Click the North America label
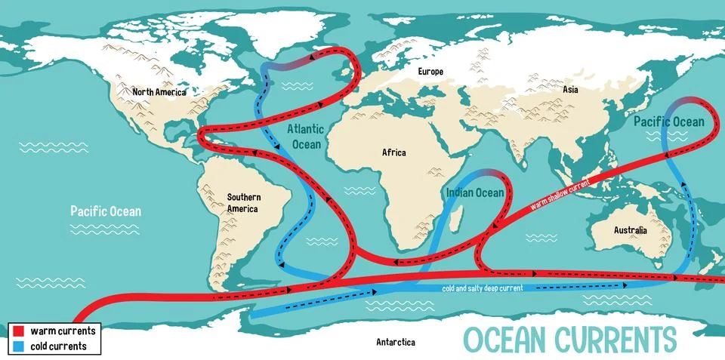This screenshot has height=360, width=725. (159, 92)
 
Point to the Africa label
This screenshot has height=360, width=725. (393, 152)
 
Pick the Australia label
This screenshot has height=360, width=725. (630, 229)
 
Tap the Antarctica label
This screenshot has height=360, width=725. (396, 342)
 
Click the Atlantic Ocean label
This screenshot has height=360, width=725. (304, 137)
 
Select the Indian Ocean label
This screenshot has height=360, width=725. (474, 193)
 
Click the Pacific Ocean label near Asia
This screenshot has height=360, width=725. (668, 122)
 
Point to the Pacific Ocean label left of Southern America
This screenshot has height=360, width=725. (106, 211)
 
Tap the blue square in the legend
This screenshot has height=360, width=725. (20, 346)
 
